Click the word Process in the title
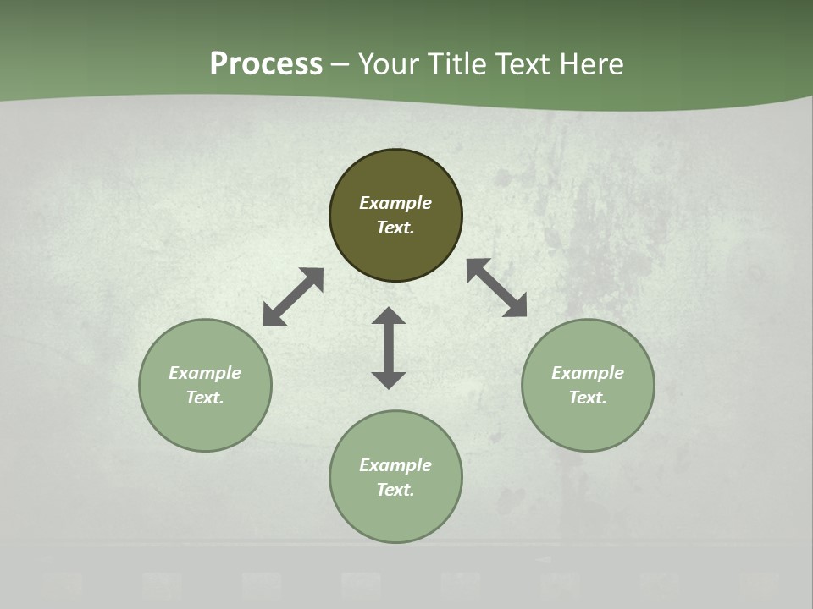pos(266,64)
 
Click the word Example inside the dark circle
pos(395,203)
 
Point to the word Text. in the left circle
pos(205,398)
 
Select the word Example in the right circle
pos(588,373)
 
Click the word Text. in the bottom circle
pos(395,490)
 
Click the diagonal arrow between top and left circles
pos(293,297)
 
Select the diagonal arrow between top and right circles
pos(496,288)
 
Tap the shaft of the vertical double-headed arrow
pos(389,348)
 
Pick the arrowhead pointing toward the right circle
pos(515,306)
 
